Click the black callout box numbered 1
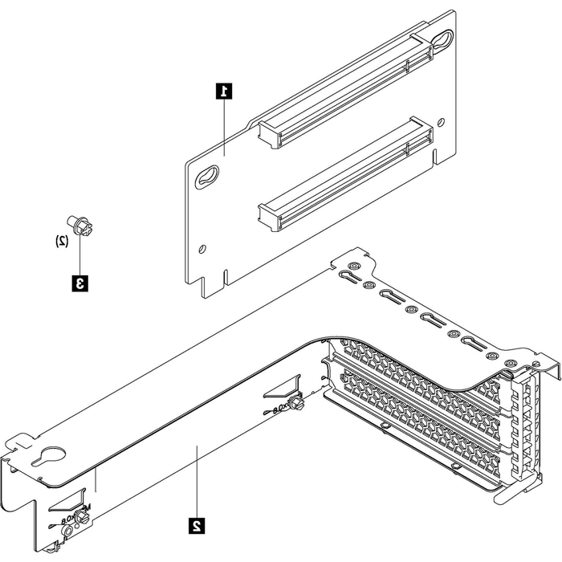[x=226, y=90]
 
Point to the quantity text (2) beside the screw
[x=61, y=240]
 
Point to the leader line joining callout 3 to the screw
[x=79, y=255]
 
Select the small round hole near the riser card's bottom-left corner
[x=203, y=248]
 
